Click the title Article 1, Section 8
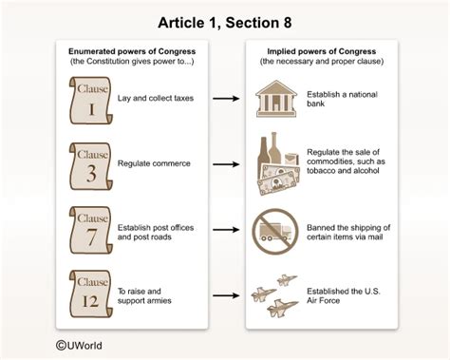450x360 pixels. click(x=225, y=18)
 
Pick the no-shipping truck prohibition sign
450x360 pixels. click(x=272, y=231)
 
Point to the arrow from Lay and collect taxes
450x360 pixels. click(x=225, y=98)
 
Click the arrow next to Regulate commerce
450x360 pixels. click(x=225, y=163)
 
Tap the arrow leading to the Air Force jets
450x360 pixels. click(x=225, y=294)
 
